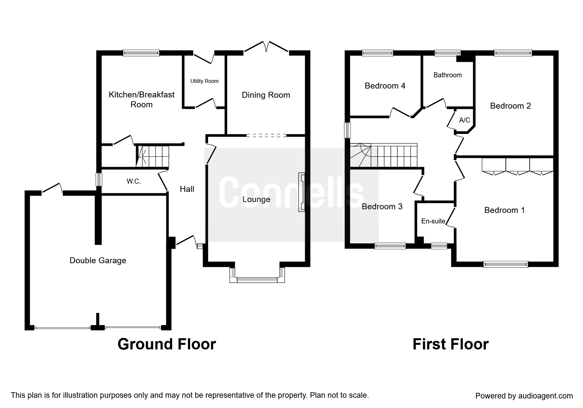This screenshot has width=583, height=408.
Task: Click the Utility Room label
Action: pyautogui.click(x=204, y=81)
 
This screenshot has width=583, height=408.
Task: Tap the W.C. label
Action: pyautogui.click(x=134, y=181)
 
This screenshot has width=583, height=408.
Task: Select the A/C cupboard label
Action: pyautogui.click(x=464, y=120)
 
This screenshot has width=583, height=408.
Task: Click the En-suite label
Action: pyautogui.click(x=433, y=221)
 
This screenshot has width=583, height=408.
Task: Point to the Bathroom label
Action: pyautogui.click(x=447, y=75)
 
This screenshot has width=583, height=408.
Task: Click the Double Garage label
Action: pyautogui.click(x=98, y=261)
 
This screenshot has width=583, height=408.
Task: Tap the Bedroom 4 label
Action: pyautogui.click(x=385, y=86)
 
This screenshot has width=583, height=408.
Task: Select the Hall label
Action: pyautogui.click(x=187, y=189)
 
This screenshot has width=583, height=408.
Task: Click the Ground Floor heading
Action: pyautogui.click(x=167, y=344)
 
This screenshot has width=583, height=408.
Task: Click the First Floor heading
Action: pyautogui.click(x=450, y=344)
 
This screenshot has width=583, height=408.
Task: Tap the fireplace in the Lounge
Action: pyautogui.click(x=302, y=192)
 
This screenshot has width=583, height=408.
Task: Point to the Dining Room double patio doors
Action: pyautogui.click(x=266, y=47)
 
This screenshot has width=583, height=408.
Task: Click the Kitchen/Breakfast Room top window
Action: pyautogui.click(x=141, y=53)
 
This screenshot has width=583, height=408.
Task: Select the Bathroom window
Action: pyautogui.click(x=447, y=53)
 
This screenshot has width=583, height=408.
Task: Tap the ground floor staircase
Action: pyautogui.click(x=153, y=156)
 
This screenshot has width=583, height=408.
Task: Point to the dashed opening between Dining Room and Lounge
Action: pyautogui.click(x=266, y=135)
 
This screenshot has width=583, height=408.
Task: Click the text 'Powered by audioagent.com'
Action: pyautogui.click(x=524, y=396)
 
